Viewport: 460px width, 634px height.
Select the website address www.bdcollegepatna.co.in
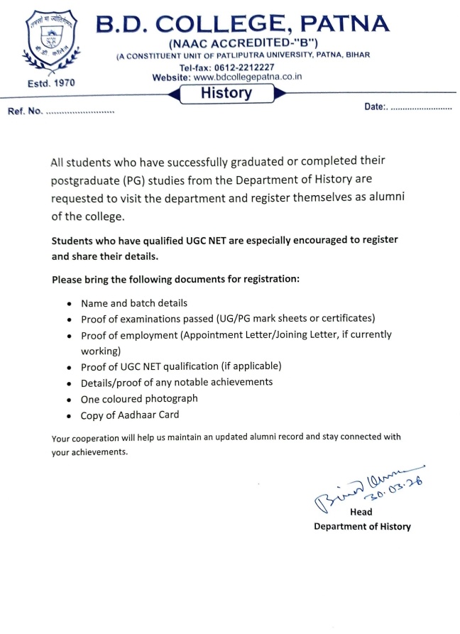[247, 77]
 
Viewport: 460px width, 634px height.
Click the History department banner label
[226, 92]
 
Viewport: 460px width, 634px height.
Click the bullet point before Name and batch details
[69, 304]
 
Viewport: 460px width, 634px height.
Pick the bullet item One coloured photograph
[139, 398]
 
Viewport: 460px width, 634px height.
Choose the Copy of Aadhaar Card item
[130, 415]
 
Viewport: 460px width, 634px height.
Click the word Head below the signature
[361, 512]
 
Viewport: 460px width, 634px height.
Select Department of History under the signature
[362, 526]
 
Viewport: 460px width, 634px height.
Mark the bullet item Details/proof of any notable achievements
[177, 382]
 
